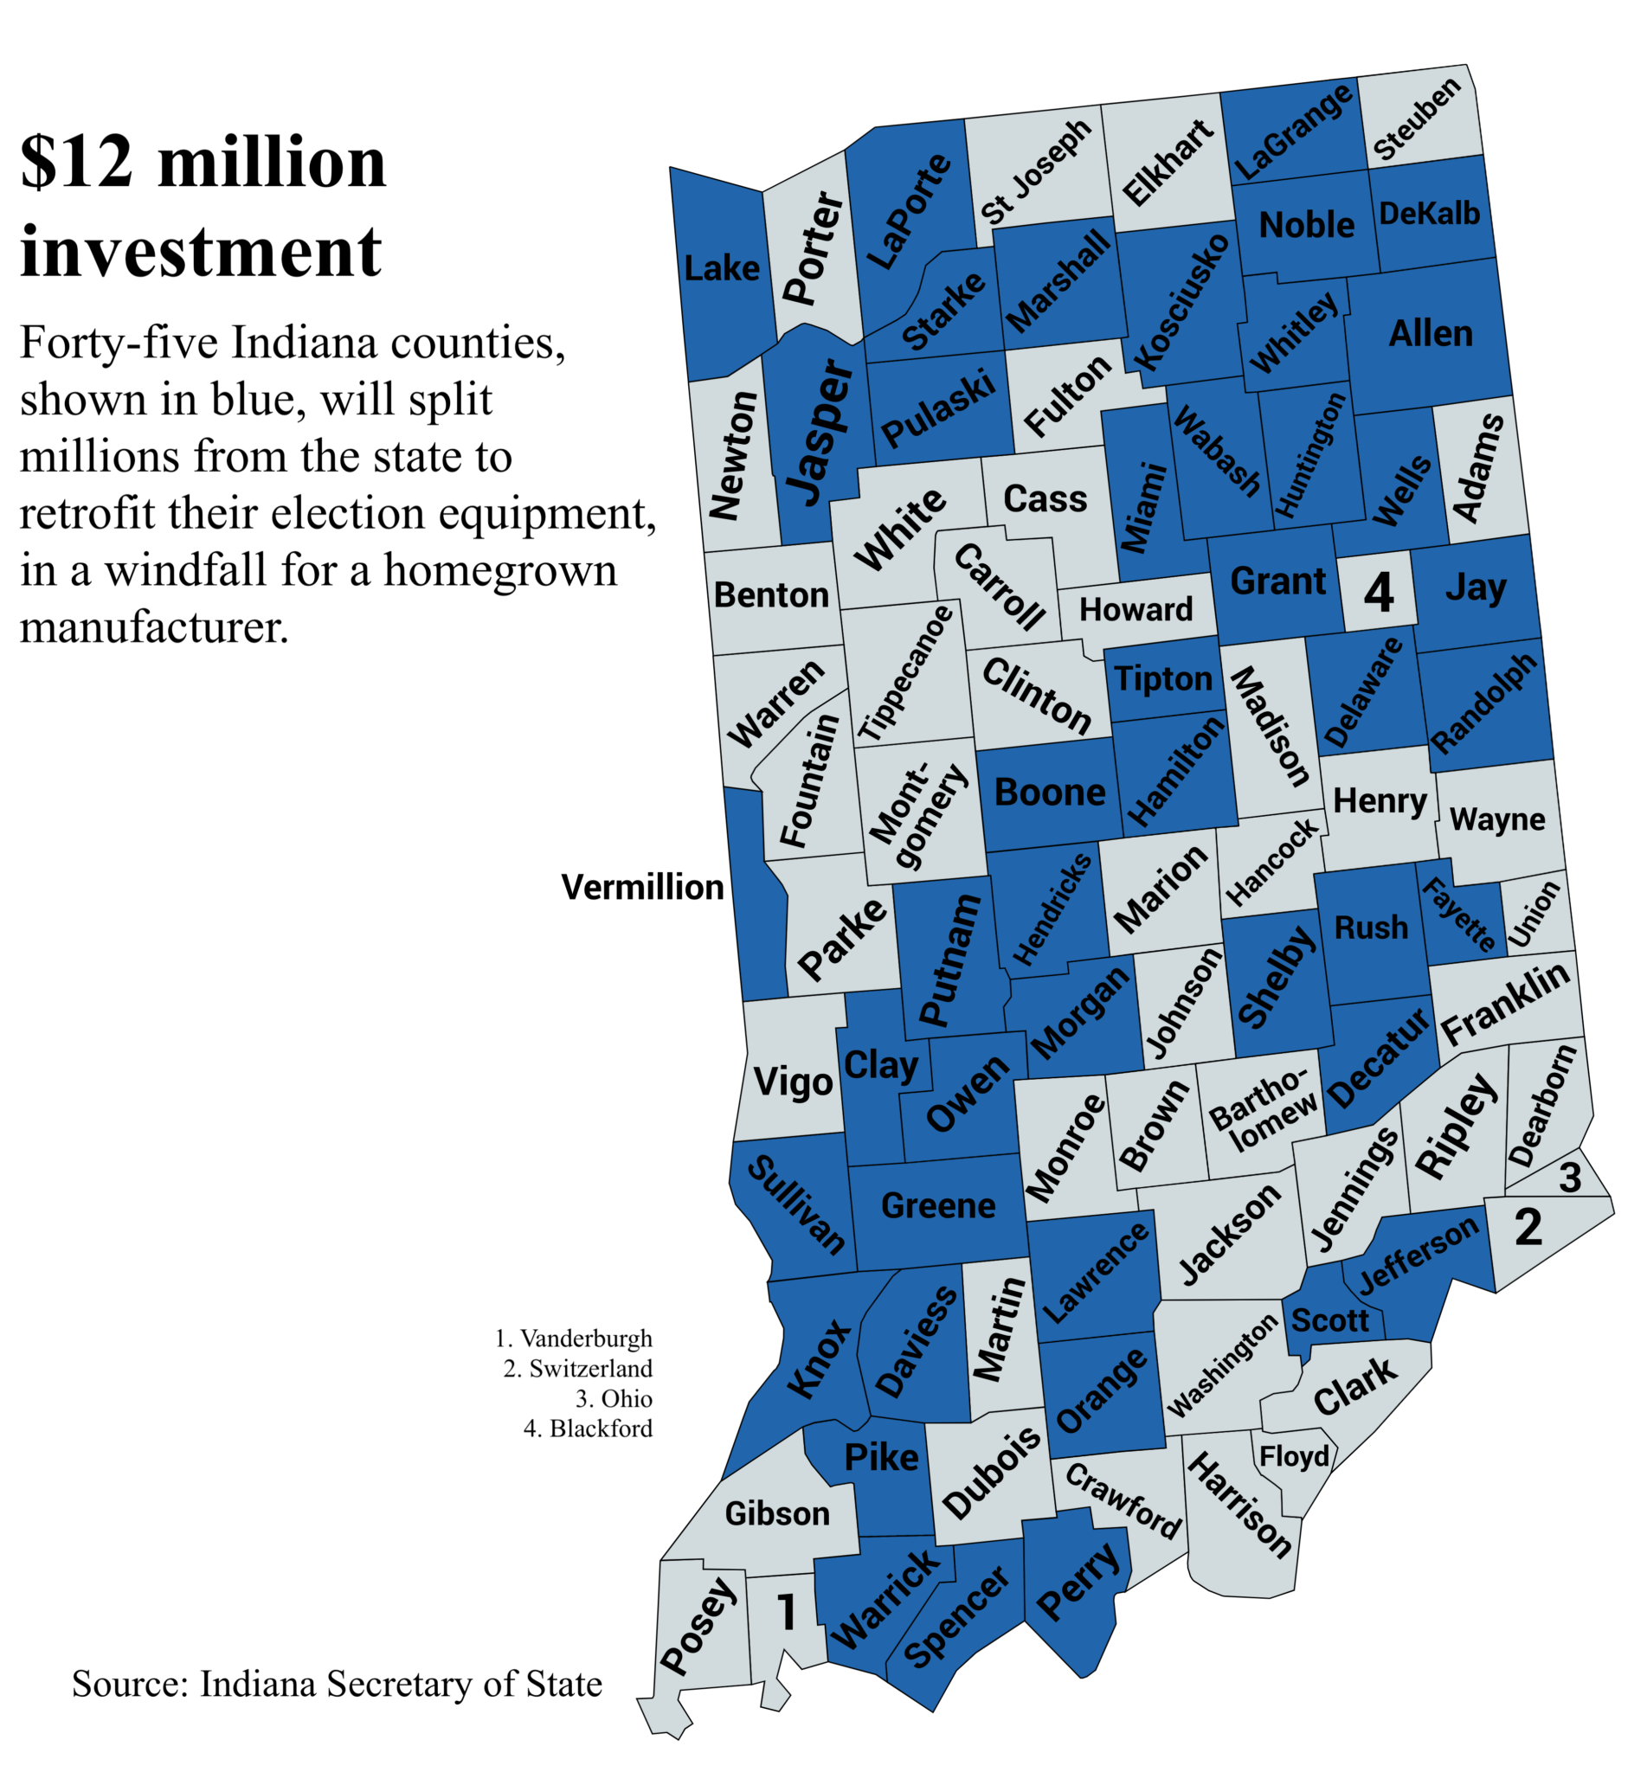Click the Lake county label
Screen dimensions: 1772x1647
click(x=721, y=268)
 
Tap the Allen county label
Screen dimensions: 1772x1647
click(x=1430, y=333)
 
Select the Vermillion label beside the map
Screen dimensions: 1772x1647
click(x=641, y=888)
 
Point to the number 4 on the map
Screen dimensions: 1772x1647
click(x=1378, y=593)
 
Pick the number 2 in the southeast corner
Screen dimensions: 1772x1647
click(x=1528, y=1228)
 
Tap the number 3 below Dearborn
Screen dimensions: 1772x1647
click(x=1569, y=1178)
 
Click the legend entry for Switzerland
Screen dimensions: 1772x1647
click(x=577, y=1369)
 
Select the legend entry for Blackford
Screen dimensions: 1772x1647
click(x=588, y=1429)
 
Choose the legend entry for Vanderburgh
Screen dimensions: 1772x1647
click(x=573, y=1339)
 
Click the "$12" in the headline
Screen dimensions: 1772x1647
click(x=76, y=162)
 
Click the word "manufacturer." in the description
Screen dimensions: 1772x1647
click(x=154, y=627)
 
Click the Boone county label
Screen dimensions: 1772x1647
click(x=1049, y=792)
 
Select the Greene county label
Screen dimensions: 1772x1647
click(x=937, y=1206)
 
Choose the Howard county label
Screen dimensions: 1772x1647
click(x=1136, y=609)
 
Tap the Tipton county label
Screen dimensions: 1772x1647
click(x=1163, y=679)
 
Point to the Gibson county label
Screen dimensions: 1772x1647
click(x=776, y=1513)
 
